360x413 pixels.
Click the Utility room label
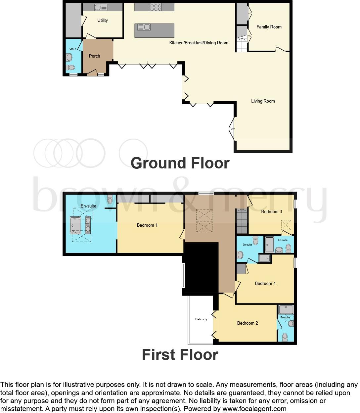click(x=103, y=20)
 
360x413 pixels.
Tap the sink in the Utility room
click(x=101, y=7)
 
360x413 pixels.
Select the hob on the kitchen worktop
click(x=156, y=7)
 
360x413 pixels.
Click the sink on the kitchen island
click(x=144, y=27)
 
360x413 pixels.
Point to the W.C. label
click(x=73, y=49)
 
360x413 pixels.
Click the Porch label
click(x=94, y=56)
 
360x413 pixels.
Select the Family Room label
click(x=269, y=27)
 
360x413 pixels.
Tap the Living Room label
click(x=263, y=101)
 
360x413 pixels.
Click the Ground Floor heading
click(x=180, y=163)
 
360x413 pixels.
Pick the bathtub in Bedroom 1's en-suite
click(x=76, y=225)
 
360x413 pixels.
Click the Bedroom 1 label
click(x=147, y=225)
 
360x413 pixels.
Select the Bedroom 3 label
click(x=271, y=211)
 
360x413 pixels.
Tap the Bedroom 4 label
click(x=265, y=283)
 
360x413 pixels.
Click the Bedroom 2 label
click(x=247, y=323)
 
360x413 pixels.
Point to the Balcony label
click(x=201, y=319)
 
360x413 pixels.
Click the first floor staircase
click(x=242, y=221)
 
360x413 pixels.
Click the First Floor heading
click(x=180, y=355)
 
